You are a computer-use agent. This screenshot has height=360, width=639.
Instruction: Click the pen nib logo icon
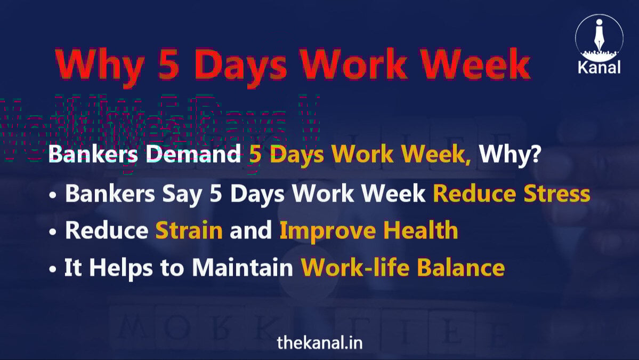click(x=599, y=36)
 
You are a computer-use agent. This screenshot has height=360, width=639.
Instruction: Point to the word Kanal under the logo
click(x=599, y=68)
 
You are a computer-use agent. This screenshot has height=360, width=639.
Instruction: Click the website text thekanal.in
click(x=319, y=342)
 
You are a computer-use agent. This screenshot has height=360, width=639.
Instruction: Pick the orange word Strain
click(x=189, y=230)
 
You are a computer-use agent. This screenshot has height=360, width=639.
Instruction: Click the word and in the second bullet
click(x=250, y=230)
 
